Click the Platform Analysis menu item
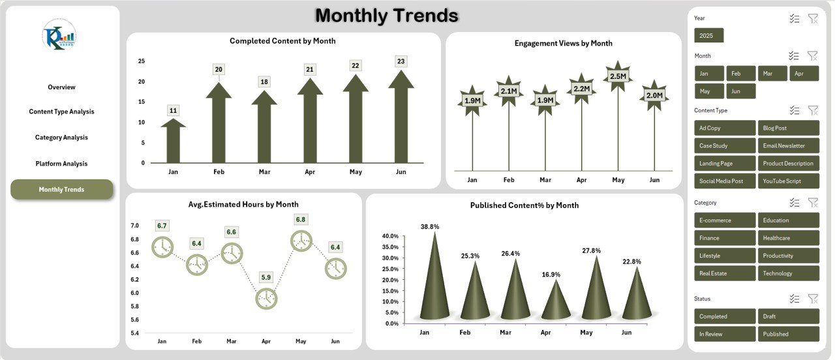coord(61,164)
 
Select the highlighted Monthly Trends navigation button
coord(61,189)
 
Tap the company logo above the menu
coord(59,35)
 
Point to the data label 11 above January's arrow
coord(173,111)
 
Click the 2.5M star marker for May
coord(618,76)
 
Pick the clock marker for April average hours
coord(266,299)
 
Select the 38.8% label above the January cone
coord(430,227)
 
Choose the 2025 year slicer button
coord(708,35)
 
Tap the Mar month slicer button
coord(772,74)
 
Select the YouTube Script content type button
coord(788,181)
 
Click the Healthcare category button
coord(788,238)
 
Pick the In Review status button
coord(725,334)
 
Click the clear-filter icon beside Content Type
coord(813,110)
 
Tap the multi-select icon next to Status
coord(794,299)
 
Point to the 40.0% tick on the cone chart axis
coord(390,236)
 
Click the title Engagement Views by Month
coord(563,43)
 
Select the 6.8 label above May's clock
coord(301,220)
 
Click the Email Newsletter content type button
coord(788,146)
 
